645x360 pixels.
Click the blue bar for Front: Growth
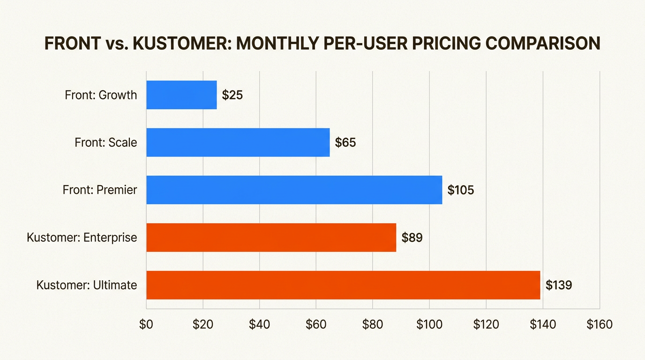coord(181,95)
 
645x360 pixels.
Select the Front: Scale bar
coord(238,142)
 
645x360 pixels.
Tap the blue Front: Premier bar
coord(294,190)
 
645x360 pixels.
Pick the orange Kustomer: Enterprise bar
coord(271,238)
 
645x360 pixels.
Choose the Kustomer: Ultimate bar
coord(343,285)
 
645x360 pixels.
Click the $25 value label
coord(232,95)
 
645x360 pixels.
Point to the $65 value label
coord(345,142)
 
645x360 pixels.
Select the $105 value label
coord(461,190)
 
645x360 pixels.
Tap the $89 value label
coord(412,238)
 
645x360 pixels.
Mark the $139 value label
coord(559,285)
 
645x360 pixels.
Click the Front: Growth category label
coord(101,95)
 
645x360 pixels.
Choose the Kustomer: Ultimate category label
coord(86,285)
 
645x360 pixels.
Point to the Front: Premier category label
coord(100,190)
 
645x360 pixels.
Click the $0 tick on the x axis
coord(146,325)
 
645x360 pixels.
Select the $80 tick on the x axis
coord(373,325)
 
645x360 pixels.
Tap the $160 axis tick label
coord(600,325)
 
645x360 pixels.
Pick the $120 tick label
coord(486,325)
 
